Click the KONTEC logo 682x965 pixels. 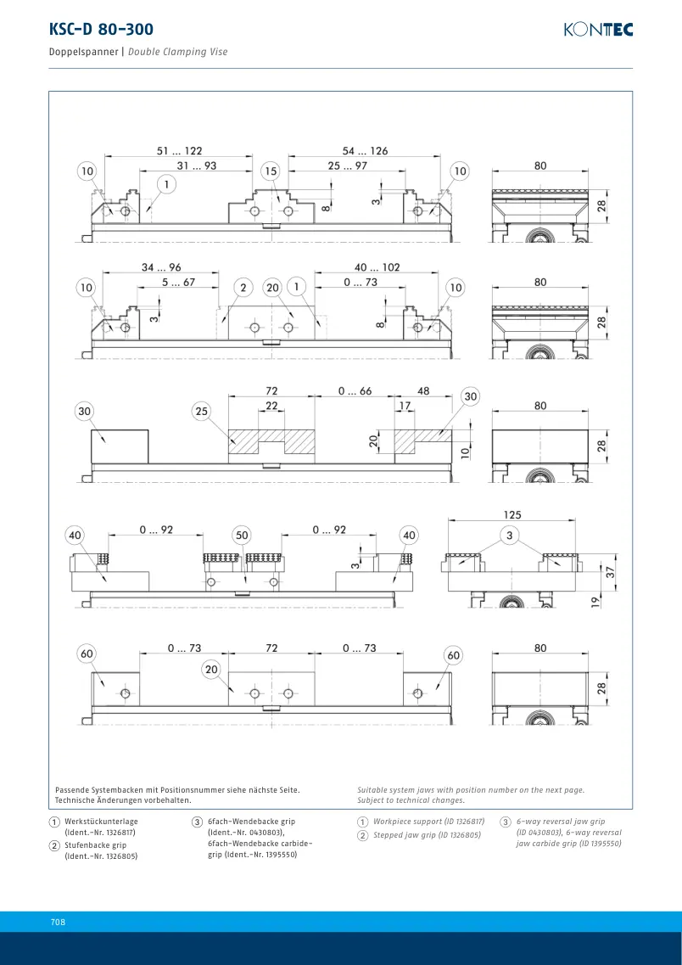[598, 30]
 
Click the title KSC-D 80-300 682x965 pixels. [101, 29]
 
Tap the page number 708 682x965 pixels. [58, 922]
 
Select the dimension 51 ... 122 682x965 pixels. [180, 151]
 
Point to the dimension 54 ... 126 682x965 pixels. [366, 151]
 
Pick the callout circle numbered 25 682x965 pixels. [203, 412]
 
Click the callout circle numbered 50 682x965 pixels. [243, 536]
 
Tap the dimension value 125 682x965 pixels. [511, 514]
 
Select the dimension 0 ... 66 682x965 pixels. [355, 390]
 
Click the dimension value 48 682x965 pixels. [423, 390]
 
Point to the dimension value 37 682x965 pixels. [611, 572]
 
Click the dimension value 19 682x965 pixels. [595, 603]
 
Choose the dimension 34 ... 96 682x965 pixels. [161, 267]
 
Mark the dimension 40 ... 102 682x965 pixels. [377, 267]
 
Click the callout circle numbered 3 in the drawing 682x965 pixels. [510, 536]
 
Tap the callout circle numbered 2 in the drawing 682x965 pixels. [243, 288]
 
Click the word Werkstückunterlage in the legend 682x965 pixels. [102, 821]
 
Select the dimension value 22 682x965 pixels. [271, 406]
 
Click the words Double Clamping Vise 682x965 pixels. [178, 52]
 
